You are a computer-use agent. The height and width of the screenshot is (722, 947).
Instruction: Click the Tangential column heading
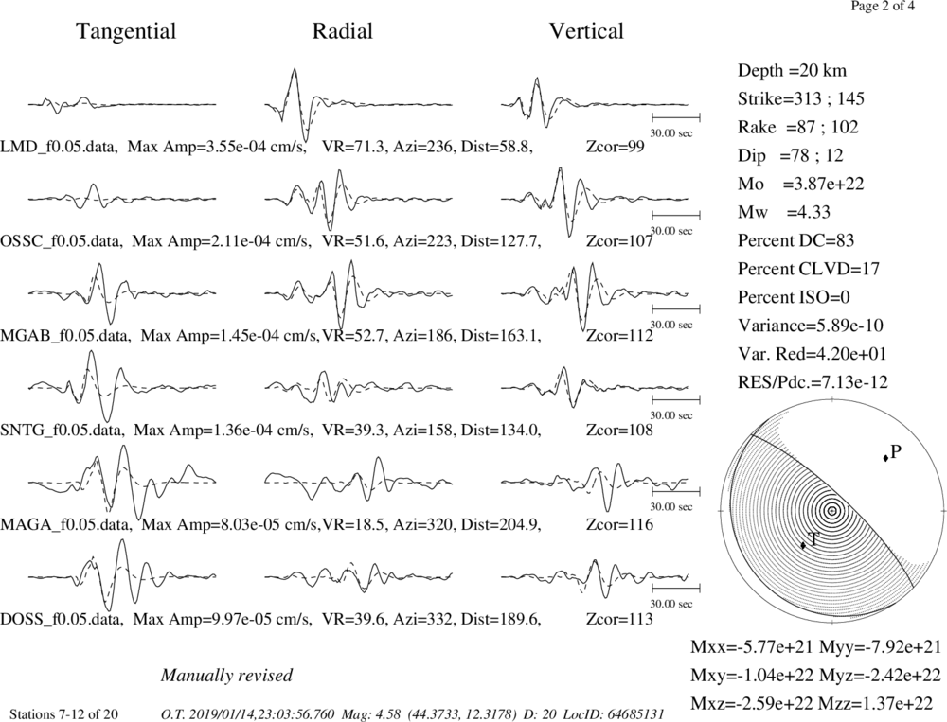pos(126,31)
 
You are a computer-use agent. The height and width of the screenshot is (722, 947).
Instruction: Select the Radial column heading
pos(343,31)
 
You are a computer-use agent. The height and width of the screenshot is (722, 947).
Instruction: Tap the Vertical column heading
pos(586,31)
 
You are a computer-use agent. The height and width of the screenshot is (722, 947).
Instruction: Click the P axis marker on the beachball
pos(885,459)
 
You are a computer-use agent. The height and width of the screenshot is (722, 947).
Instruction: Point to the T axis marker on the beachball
pos(803,545)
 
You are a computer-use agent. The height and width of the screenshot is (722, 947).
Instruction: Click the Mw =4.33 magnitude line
pos(784,212)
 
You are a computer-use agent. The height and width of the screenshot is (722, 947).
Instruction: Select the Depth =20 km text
pos(792,71)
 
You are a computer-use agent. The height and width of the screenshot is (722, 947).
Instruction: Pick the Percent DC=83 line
pos(796,240)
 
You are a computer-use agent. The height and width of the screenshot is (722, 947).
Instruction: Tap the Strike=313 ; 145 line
pos(801,98)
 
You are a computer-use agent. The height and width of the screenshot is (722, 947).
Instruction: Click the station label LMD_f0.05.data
pos(59,147)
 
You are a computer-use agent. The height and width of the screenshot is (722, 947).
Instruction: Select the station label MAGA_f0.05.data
pos(64,524)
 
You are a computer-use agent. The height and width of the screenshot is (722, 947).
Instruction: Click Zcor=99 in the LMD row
pos(616,147)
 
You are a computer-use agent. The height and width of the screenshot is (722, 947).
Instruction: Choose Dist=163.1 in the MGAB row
pos(501,336)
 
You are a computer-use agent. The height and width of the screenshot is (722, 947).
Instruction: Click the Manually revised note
pos(226,675)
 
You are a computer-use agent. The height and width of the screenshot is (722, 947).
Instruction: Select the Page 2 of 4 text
pos(883,7)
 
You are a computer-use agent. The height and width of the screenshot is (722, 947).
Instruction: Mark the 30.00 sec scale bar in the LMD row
pos(676,117)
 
